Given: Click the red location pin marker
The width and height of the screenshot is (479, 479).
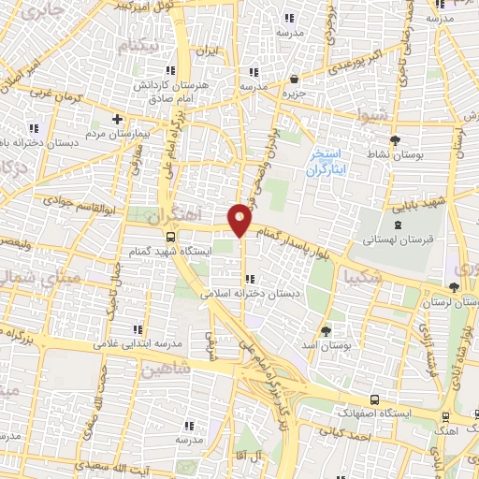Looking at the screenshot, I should (240, 219).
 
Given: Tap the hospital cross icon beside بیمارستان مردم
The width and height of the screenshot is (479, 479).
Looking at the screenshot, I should (117, 119).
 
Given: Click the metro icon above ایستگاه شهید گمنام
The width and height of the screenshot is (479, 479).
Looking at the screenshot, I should (169, 236).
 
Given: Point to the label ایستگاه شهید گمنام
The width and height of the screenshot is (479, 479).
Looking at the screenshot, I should (169, 251).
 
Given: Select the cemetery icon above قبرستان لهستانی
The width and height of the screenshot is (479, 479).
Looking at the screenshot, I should (399, 225).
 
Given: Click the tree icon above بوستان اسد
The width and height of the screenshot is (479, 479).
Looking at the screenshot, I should (326, 330).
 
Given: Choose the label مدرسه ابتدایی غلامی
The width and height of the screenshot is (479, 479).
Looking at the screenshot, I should (138, 342).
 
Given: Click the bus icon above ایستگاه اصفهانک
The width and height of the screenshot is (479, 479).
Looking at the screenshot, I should (374, 399).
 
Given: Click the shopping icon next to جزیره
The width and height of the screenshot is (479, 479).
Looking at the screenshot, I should (295, 80).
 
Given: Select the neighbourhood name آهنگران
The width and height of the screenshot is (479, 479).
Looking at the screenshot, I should (175, 216).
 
